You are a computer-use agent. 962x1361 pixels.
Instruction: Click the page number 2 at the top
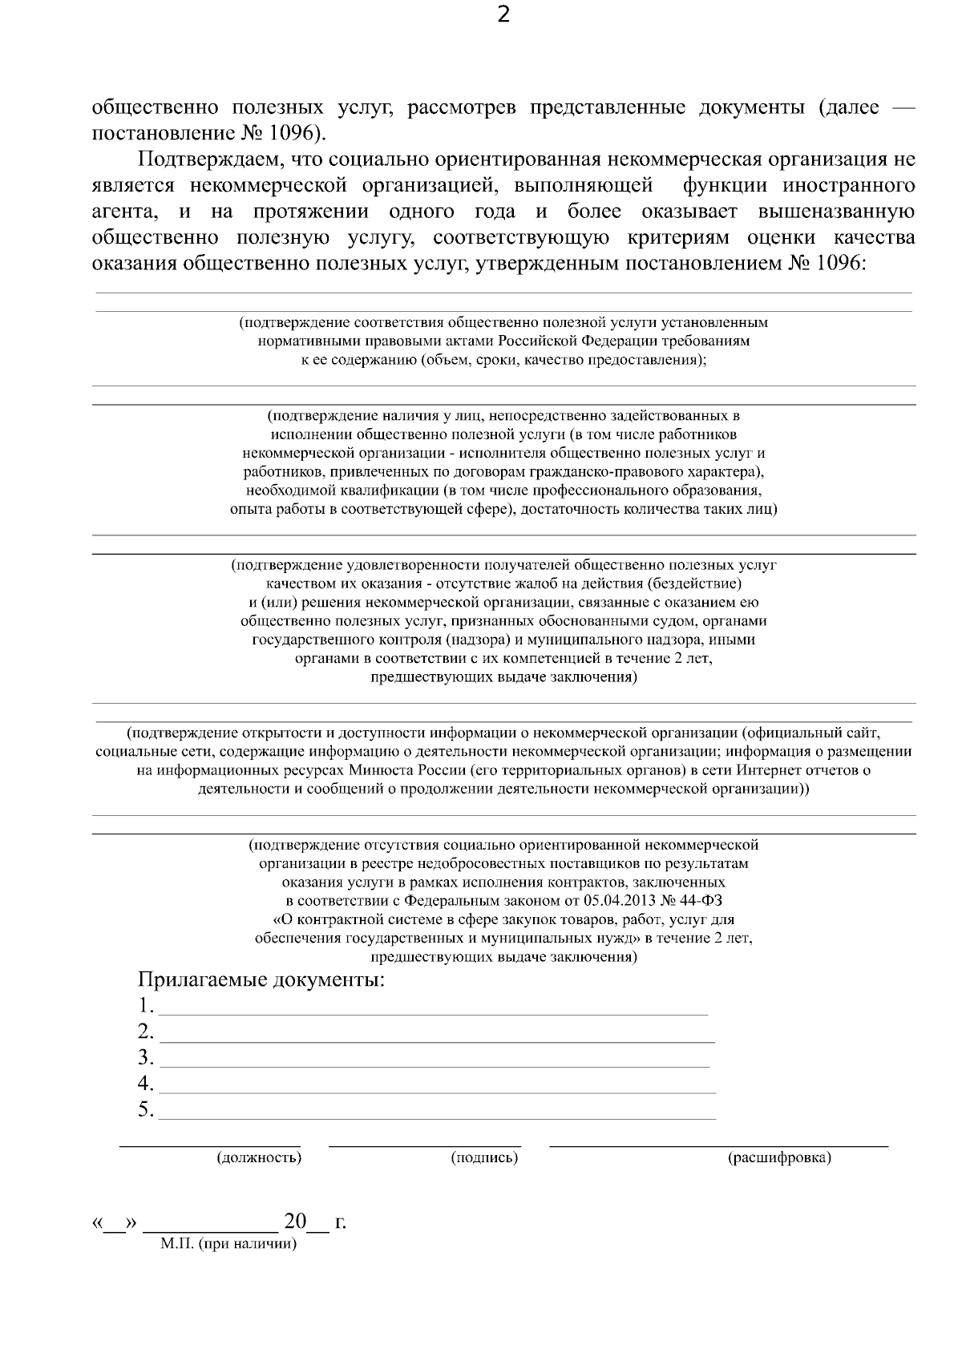pyautogui.click(x=503, y=15)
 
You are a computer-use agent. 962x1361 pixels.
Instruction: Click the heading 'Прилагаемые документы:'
pyautogui.click(x=261, y=979)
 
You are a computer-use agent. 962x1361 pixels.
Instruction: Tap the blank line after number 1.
pyautogui.click(x=433, y=1008)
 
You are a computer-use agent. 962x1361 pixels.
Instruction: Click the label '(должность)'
pyautogui.click(x=259, y=1157)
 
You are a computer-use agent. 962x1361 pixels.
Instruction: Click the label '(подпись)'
pyautogui.click(x=484, y=1157)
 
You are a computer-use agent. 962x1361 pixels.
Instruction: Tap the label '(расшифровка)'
pyautogui.click(x=778, y=1157)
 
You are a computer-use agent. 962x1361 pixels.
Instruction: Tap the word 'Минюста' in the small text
pyautogui.click(x=380, y=770)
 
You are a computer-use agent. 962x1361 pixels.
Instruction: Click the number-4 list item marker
pyautogui.click(x=145, y=1084)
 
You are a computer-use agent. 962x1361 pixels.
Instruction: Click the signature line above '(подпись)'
pyautogui.click(x=425, y=1146)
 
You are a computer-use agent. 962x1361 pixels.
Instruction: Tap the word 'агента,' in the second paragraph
pyautogui.click(x=123, y=212)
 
